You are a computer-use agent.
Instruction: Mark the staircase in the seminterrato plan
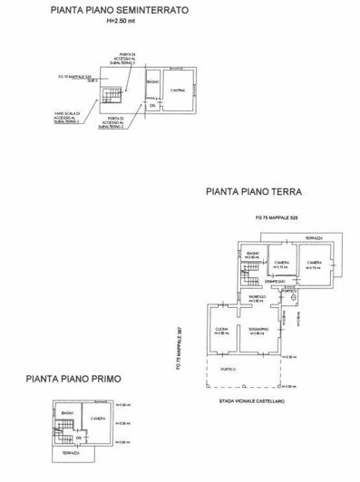[x=111, y=93]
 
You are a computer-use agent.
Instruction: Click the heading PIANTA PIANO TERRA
[x=254, y=192]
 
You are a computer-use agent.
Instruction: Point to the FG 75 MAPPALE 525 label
[x=273, y=219]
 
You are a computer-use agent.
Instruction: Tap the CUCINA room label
[x=219, y=328]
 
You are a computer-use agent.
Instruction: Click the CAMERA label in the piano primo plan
[x=99, y=418]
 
